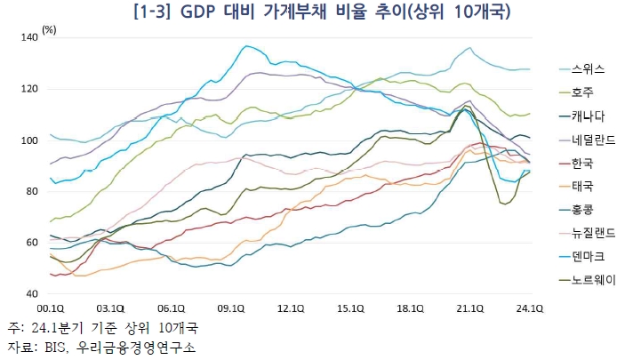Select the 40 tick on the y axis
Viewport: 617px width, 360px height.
coord(34,293)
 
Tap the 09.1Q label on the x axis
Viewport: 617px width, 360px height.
coord(230,308)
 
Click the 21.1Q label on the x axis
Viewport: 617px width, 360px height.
coord(469,308)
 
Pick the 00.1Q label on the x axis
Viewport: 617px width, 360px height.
coord(52,308)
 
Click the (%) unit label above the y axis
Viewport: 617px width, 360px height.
coord(50,29)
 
